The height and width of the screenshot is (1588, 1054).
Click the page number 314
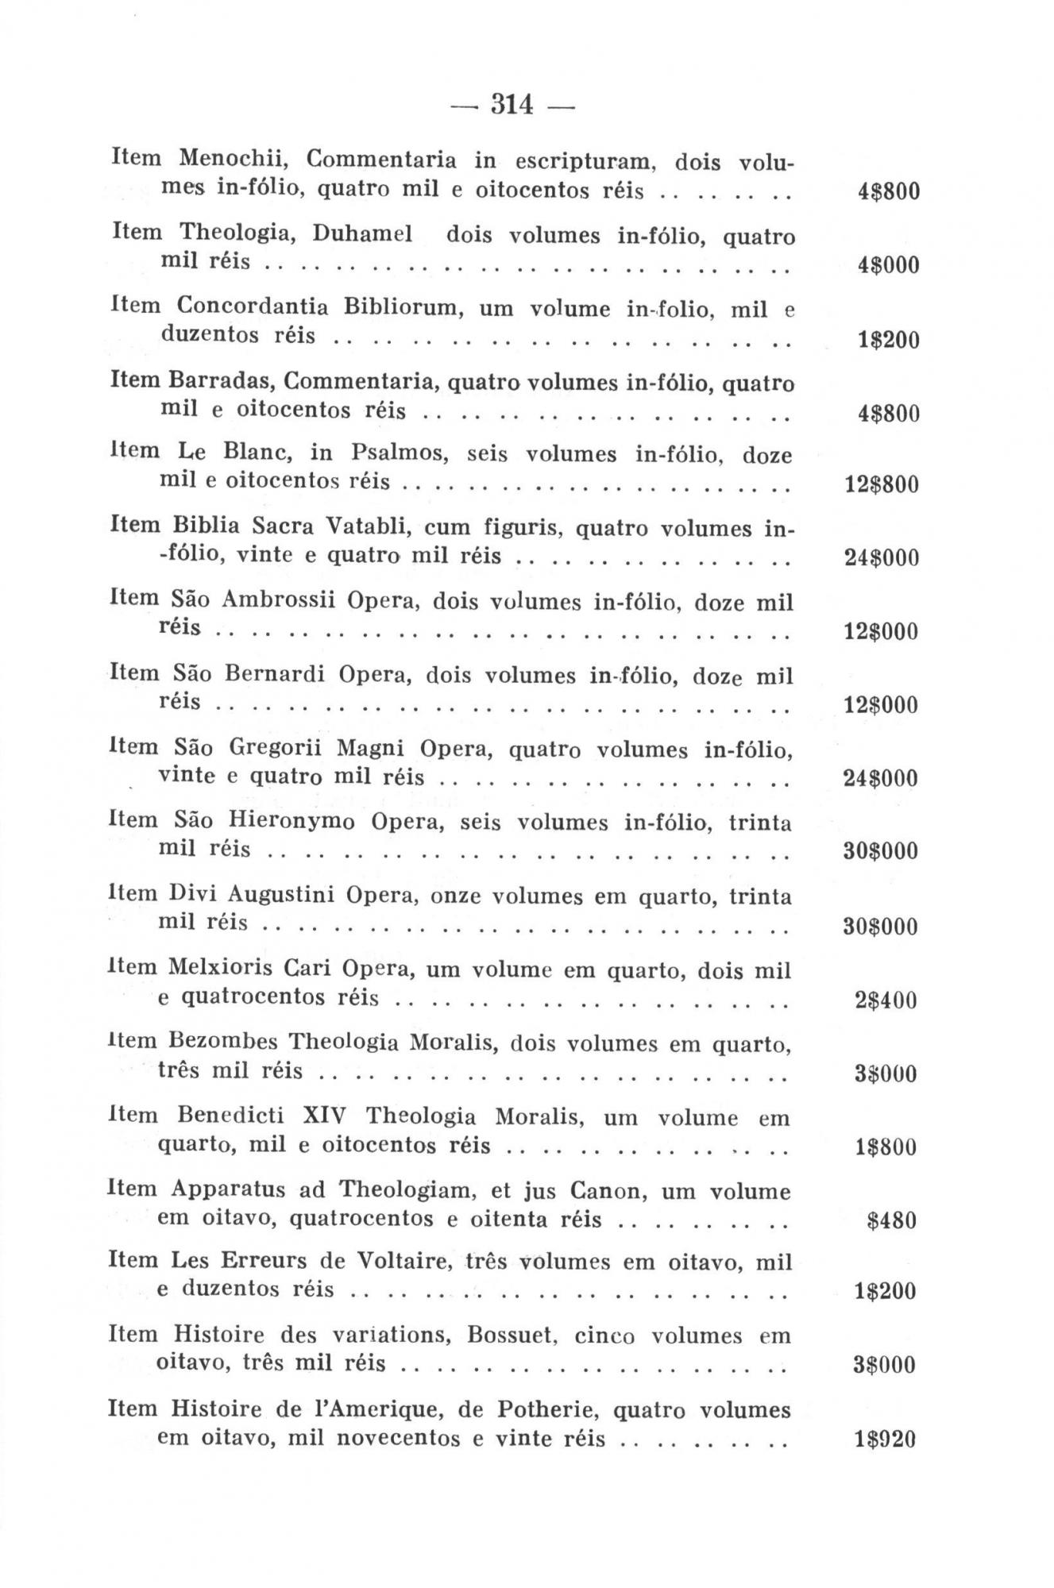coord(512,104)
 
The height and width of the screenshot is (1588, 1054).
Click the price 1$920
coord(885,1440)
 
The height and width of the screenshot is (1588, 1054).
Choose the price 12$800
coord(881,484)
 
